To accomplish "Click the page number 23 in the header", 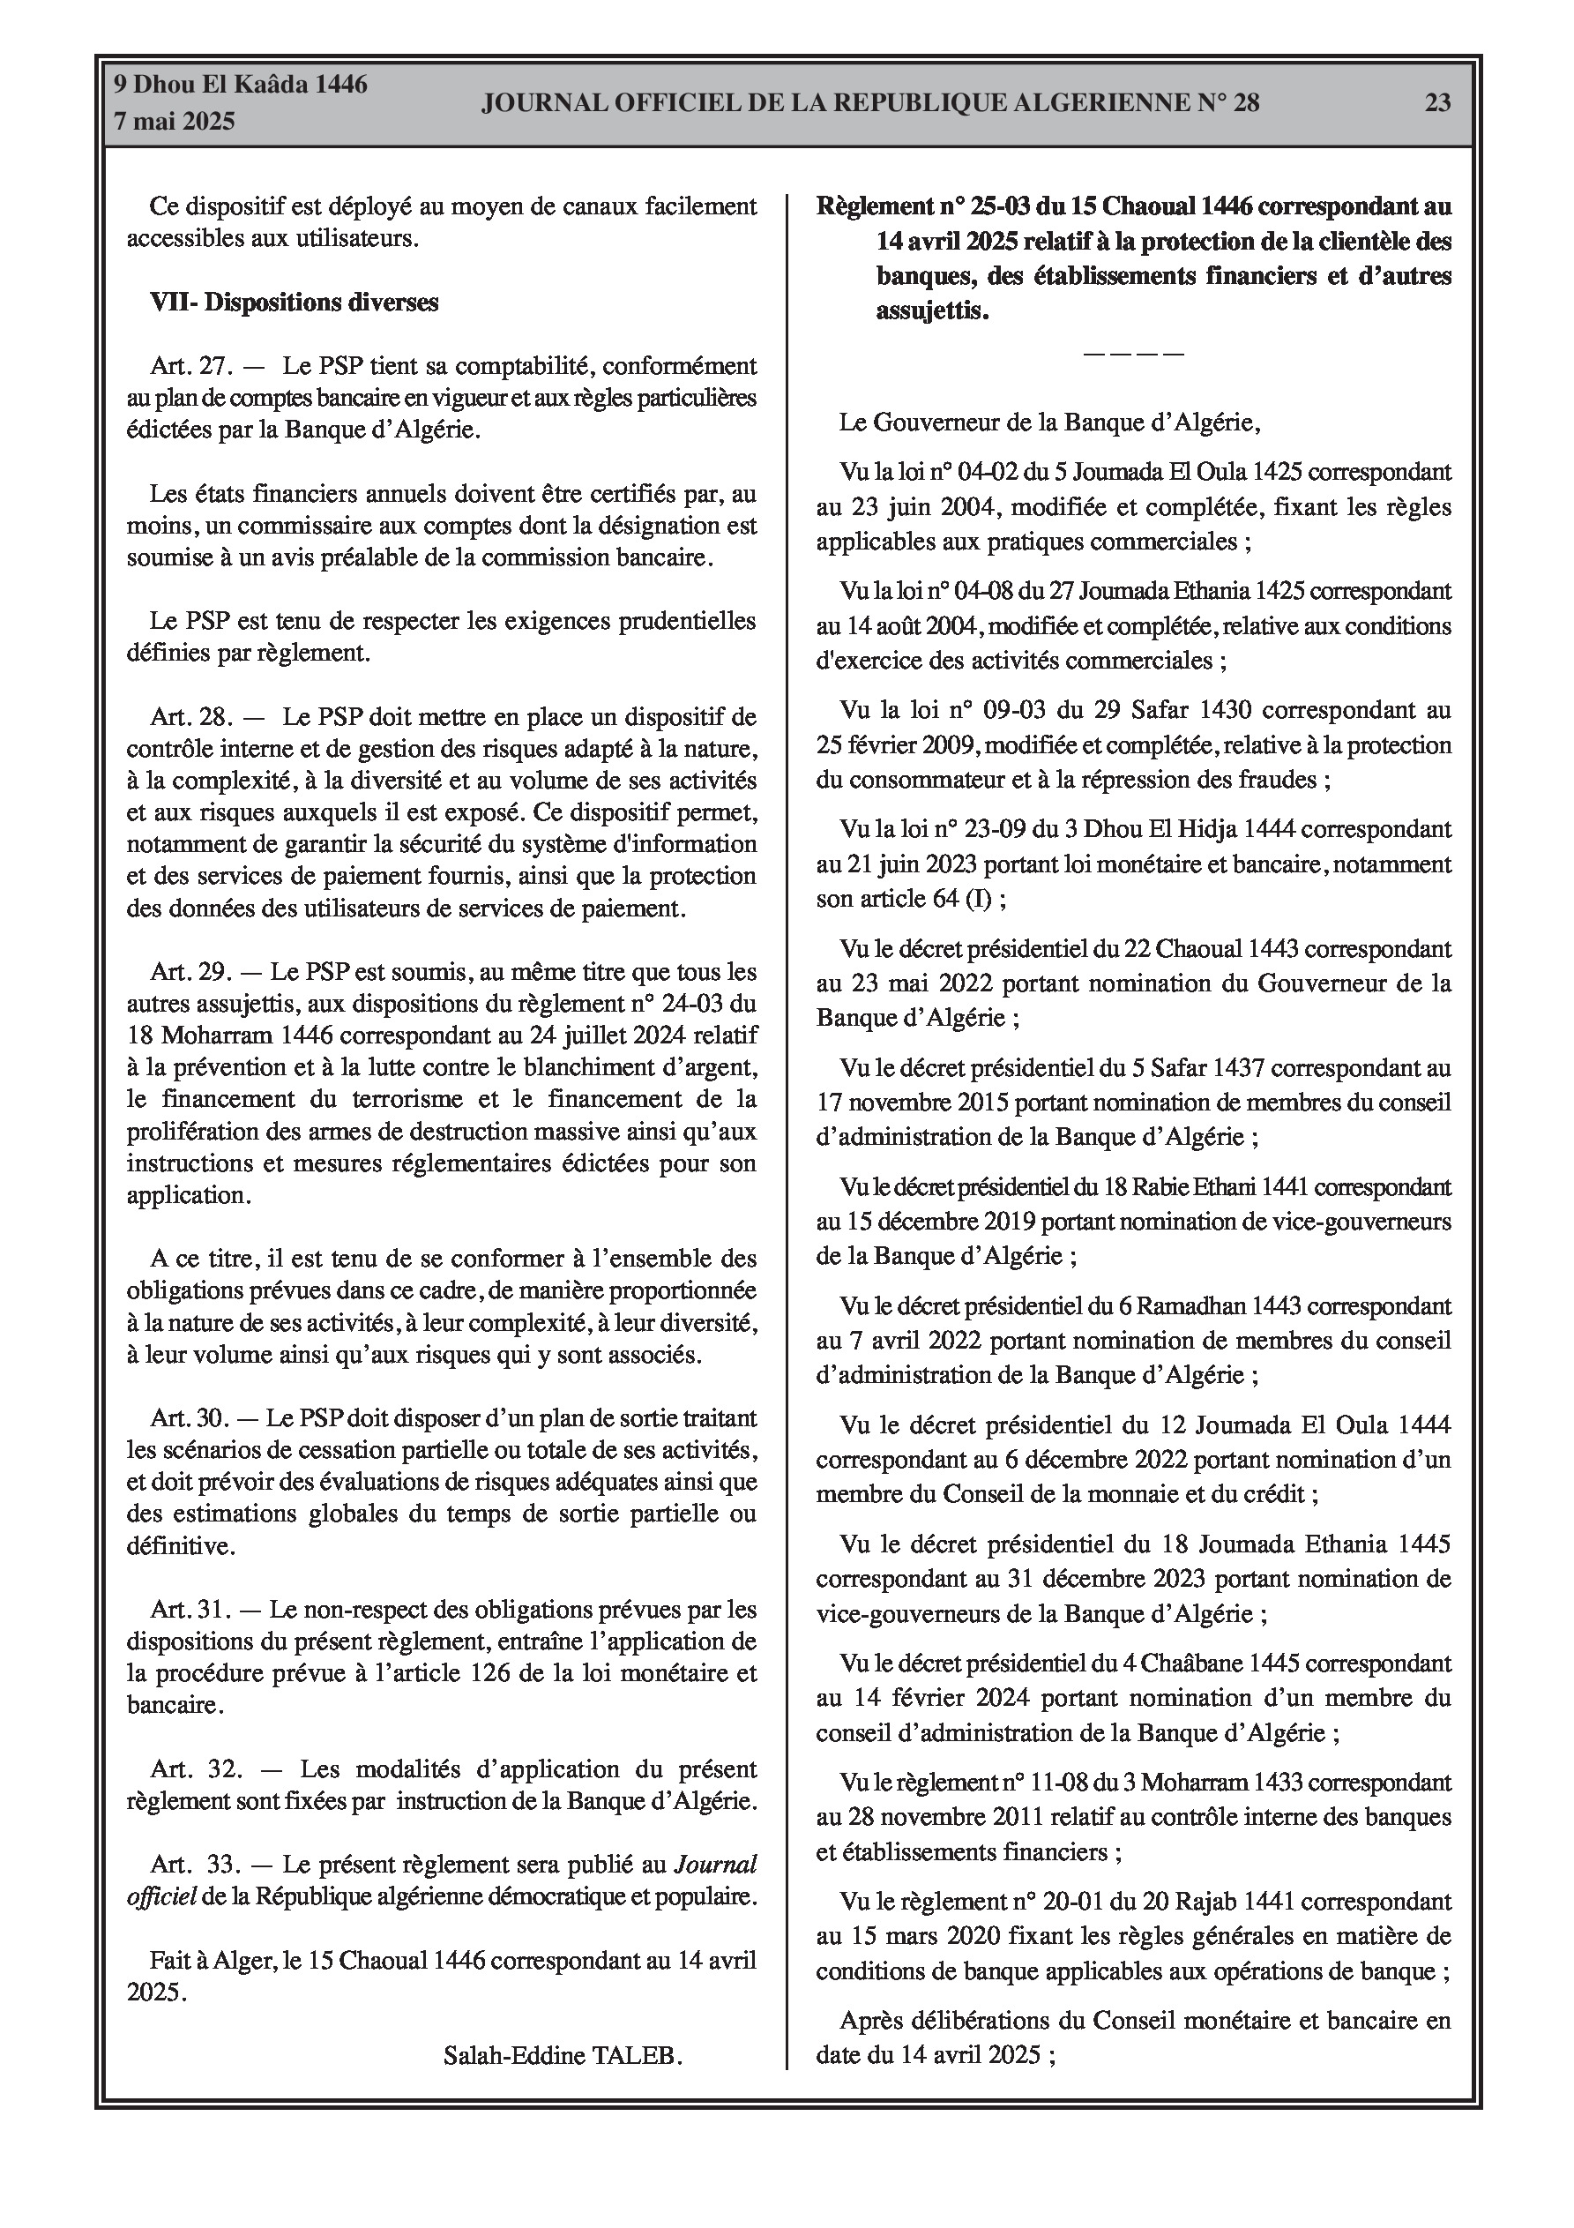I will point(1437,103).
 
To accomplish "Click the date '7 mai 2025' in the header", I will point(175,123).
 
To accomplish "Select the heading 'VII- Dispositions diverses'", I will point(294,303).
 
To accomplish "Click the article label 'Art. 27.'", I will point(191,367).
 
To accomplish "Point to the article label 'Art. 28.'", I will point(191,717).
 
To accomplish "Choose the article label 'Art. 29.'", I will point(191,971).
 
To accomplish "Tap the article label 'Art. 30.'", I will point(191,1417).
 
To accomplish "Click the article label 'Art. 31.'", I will point(191,1610).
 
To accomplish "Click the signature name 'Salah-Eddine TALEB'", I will point(562,2055).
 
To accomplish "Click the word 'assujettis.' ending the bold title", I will point(933,311).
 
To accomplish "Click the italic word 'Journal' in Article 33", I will point(715,1864).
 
